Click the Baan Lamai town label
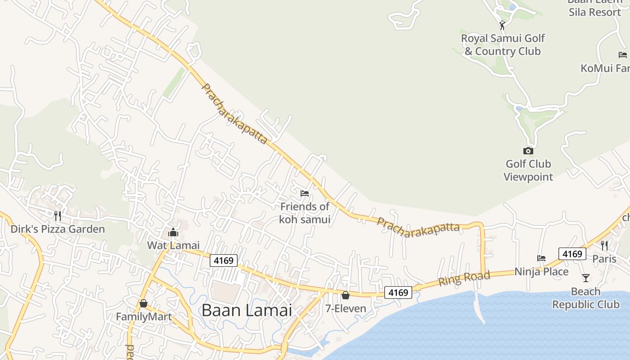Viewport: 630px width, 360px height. tap(247, 310)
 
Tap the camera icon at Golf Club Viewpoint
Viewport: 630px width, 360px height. tap(528, 151)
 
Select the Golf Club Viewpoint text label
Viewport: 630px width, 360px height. tap(528, 170)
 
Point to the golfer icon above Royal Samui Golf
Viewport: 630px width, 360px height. tap(502, 25)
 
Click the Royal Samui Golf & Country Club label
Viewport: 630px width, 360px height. tap(503, 45)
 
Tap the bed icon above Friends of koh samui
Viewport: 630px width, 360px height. tap(305, 193)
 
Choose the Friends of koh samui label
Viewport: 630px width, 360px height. tap(305, 213)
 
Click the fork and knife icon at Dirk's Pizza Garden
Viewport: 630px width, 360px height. tap(58, 216)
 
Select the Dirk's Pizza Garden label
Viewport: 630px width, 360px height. tap(58, 229)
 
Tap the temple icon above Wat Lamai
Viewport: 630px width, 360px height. tap(173, 233)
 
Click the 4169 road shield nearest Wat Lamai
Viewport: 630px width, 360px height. tap(224, 261)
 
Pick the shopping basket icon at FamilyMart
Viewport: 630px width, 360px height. tap(143, 304)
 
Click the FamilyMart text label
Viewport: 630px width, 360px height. tap(144, 317)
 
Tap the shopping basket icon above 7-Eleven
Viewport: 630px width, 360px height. tap(345, 295)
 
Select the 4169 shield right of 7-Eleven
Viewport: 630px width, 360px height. tap(398, 292)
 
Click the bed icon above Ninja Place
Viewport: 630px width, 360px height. tap(541, 258)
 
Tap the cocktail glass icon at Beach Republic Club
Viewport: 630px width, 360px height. tap(585, 278)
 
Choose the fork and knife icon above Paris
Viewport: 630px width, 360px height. tap(604, 246)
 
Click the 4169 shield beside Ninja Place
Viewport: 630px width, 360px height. tap(572, 254)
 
